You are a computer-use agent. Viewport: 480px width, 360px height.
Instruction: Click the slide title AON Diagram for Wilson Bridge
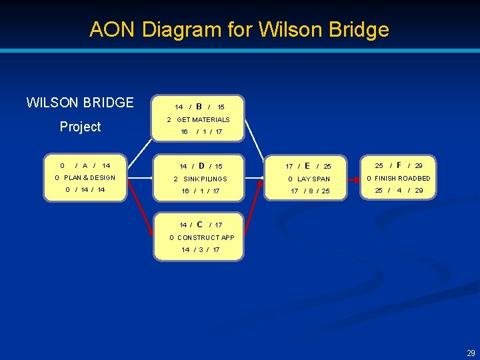239,29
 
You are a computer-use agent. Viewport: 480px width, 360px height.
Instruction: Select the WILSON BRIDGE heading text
80,103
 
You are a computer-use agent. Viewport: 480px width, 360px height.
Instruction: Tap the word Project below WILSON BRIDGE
80,127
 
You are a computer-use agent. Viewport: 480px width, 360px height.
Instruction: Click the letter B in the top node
199,106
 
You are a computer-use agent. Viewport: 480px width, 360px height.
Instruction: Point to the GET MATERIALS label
203,119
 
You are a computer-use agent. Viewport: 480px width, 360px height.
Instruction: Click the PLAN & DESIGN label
89,178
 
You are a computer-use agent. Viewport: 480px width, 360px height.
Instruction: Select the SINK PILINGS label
205,179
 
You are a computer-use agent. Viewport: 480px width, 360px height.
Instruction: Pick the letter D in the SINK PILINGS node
201,165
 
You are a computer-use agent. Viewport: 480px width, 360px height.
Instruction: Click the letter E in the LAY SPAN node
307,165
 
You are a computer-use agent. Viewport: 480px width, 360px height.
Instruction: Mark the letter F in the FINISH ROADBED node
399,165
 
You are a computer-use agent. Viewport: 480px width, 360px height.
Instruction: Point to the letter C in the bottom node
199,225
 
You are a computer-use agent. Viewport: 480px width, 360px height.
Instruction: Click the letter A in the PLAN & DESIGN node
85,165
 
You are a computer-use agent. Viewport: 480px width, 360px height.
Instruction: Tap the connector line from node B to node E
259,142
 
